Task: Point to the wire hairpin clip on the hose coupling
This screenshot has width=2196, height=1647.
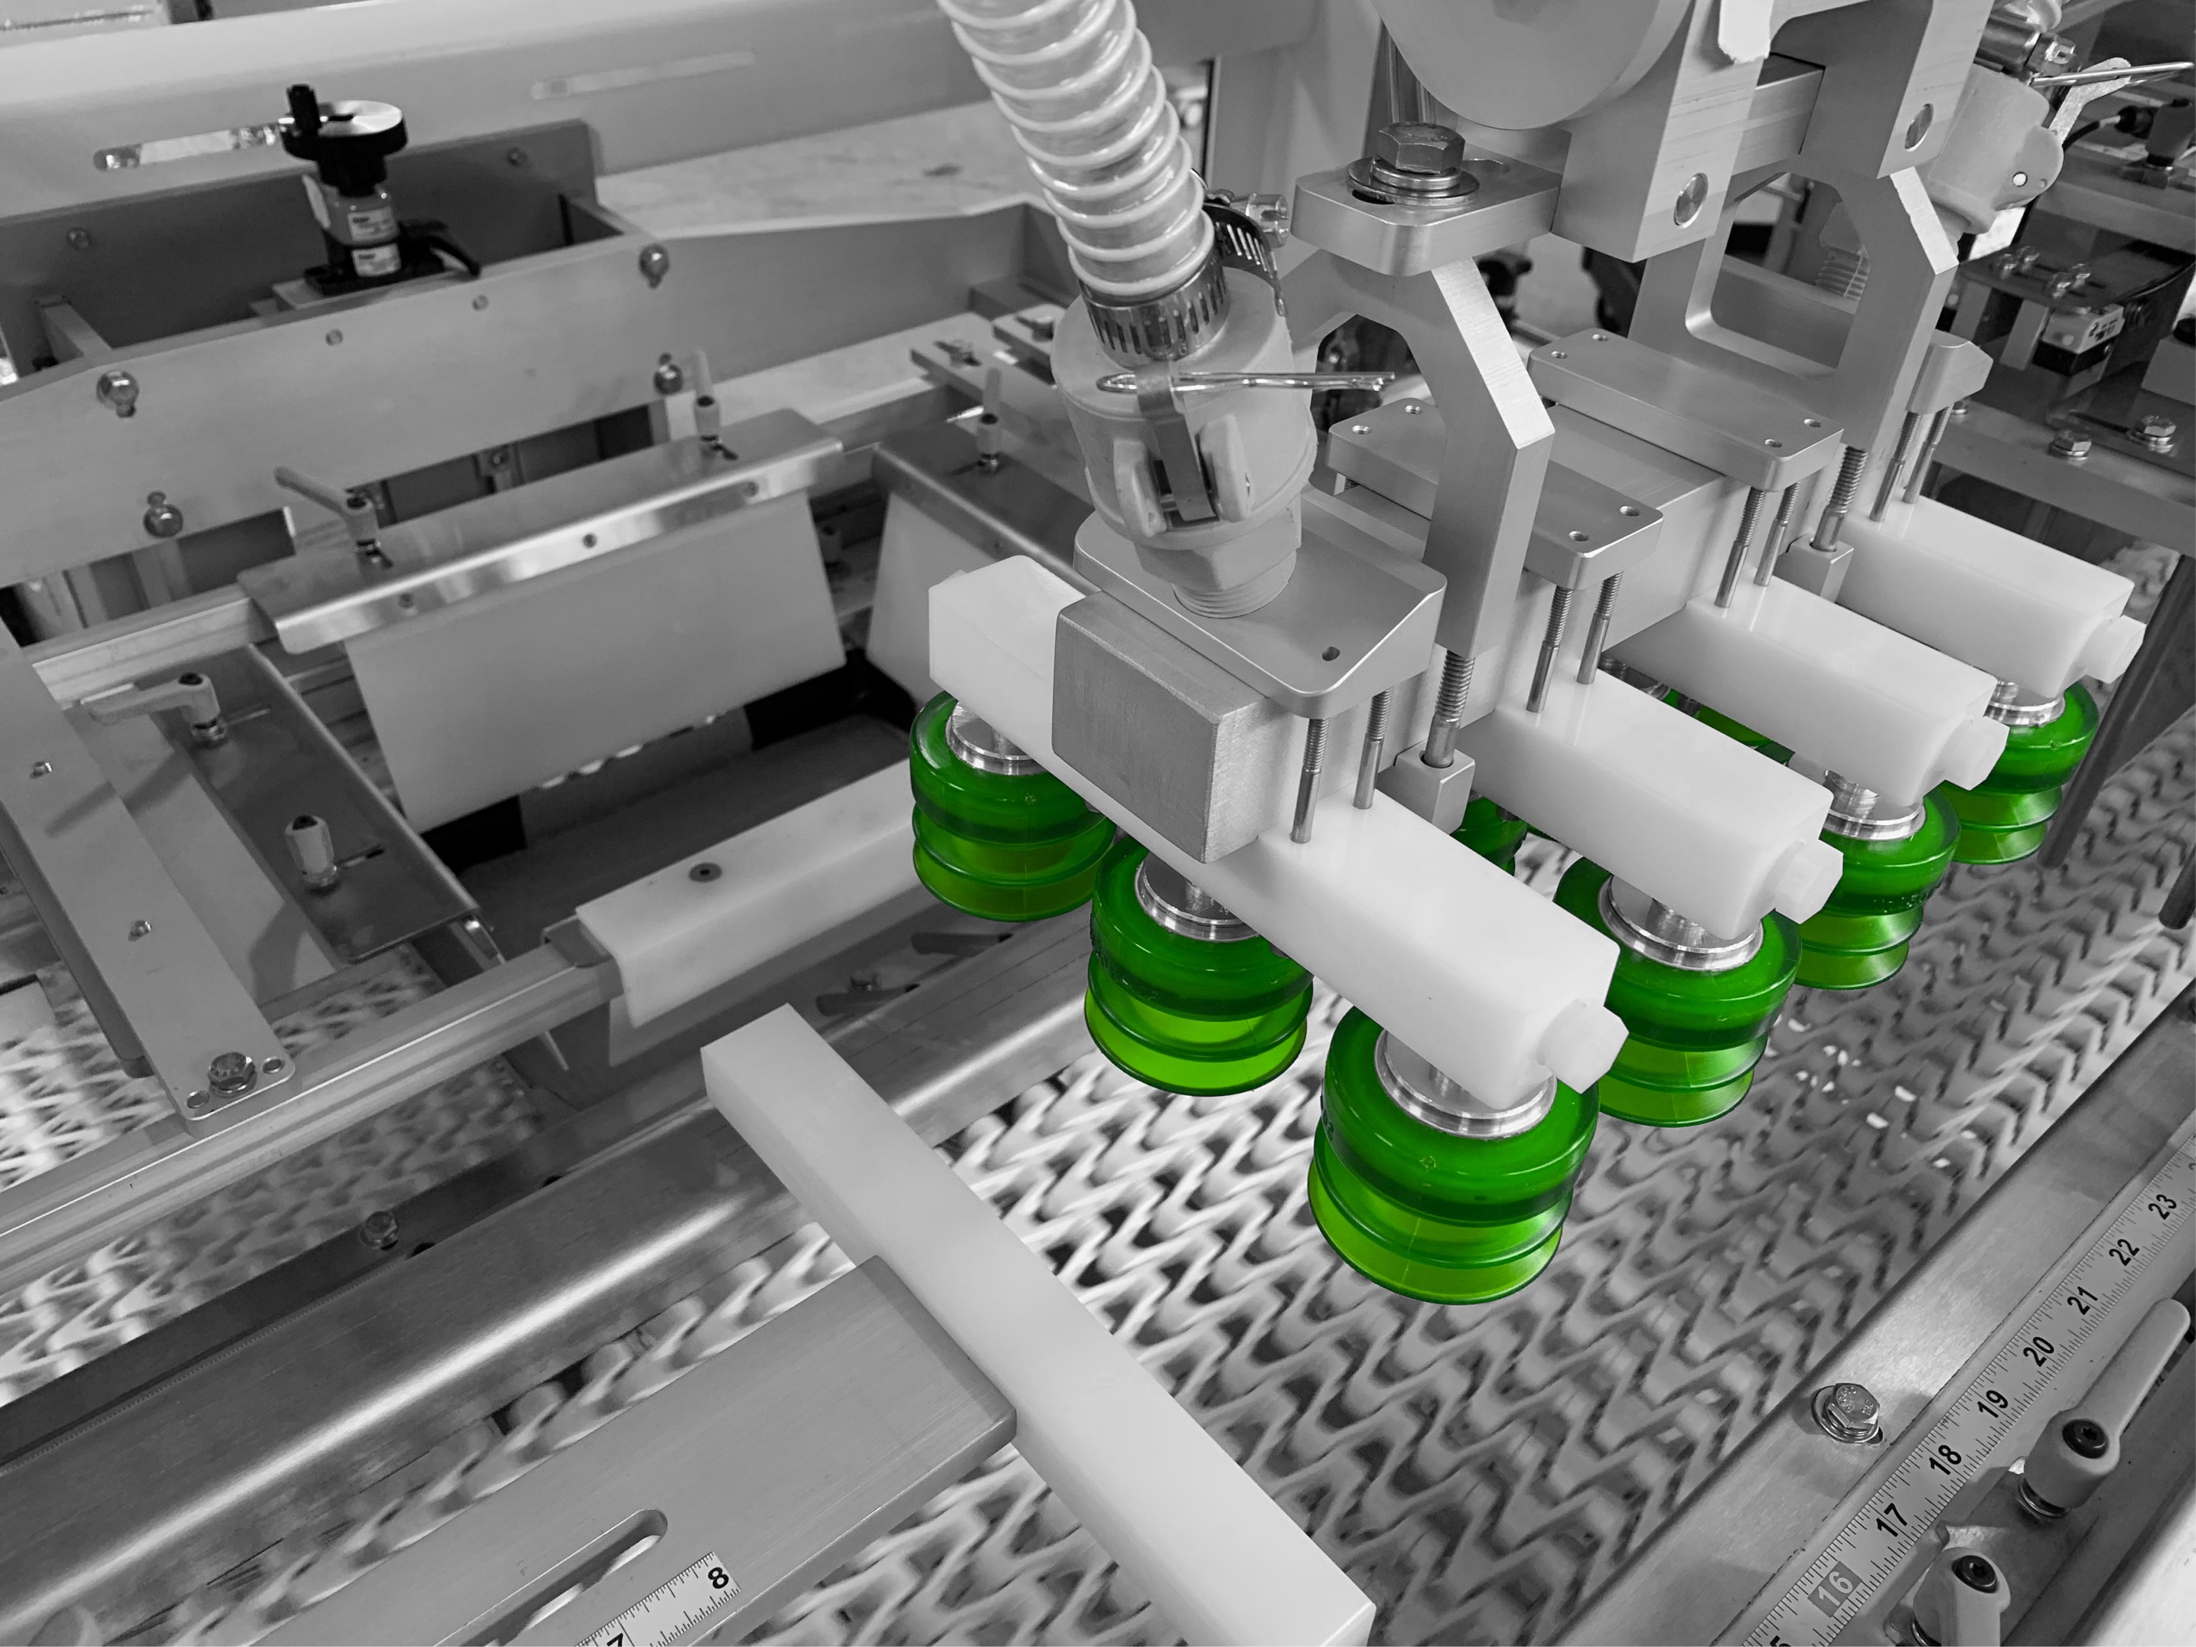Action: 1241,382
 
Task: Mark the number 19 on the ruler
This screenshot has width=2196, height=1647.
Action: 1991,1402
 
